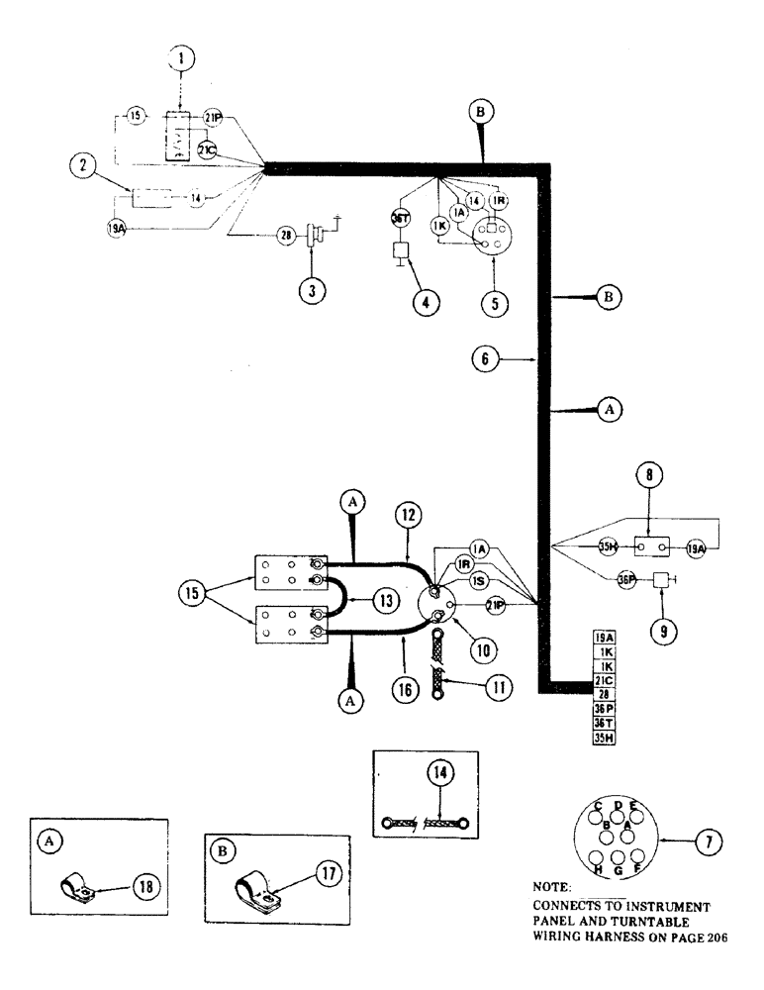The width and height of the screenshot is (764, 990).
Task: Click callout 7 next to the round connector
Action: (x=708, y=842)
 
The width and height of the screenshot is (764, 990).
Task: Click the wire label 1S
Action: (x=478, y=581)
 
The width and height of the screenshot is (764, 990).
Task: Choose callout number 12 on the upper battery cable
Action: (x=409, y=515)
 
